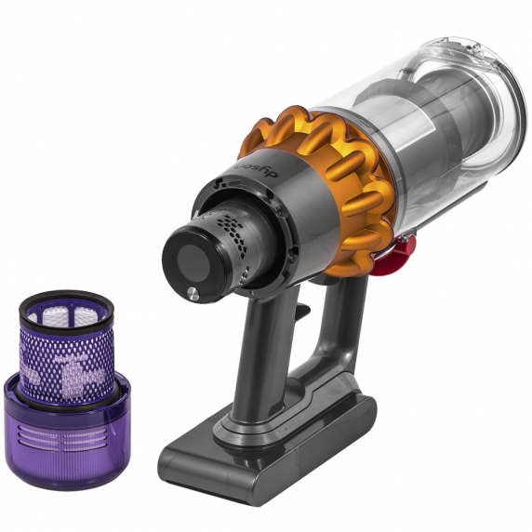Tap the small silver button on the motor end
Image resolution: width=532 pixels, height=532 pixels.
193,293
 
